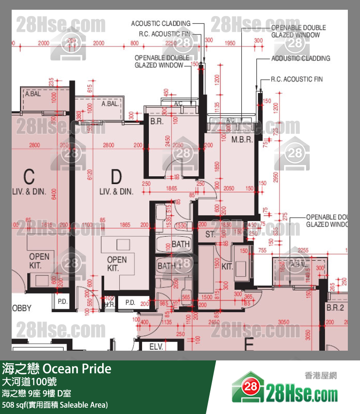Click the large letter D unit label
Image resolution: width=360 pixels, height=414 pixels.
116,176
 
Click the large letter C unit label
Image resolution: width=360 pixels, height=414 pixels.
29,176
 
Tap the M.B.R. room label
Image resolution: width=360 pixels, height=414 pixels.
241,140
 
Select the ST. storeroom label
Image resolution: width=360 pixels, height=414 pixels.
210,234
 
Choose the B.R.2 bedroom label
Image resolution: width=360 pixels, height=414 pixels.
335,308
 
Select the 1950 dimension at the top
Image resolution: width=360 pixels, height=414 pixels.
231,43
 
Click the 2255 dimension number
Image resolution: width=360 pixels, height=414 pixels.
303,250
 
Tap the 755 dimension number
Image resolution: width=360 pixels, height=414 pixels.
262,250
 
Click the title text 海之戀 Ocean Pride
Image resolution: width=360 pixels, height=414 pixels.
56,369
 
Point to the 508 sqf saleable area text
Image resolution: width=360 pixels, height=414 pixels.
54,405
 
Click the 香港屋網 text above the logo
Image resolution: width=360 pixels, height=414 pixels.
321,376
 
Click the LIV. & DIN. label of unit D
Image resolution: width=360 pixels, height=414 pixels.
116,191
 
